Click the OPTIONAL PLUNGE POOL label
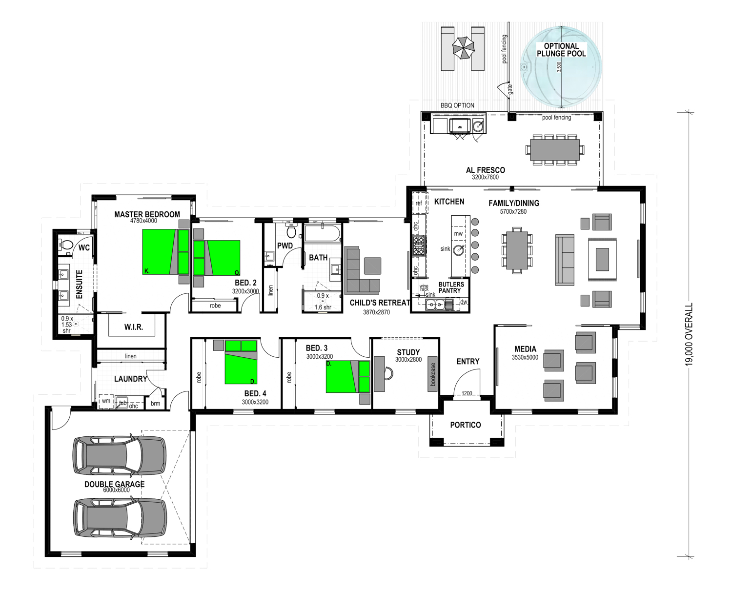[561, 50]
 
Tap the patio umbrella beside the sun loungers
[463, 48]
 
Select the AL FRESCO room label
[485, 170]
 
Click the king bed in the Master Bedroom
[165, 252]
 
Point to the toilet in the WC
[66, 245]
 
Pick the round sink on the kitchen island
[458, 250]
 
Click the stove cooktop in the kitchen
[419, 245]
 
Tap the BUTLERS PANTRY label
[451, 287]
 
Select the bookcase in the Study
[432, 374]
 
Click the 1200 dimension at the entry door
[467, 393]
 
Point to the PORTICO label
[466, 425]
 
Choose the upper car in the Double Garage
[119, 456]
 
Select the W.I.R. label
[134, 327]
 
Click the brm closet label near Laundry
[155, 404]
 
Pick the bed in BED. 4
[241, 362]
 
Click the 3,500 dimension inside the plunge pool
[559, 67]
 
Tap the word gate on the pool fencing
[510, 89]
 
